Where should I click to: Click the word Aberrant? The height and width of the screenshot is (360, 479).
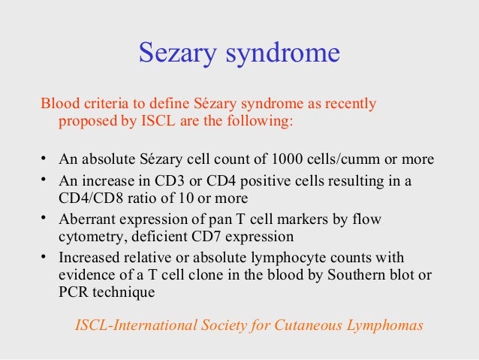click(x=86, y=219)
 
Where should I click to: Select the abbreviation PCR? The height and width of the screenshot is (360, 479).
click(x=74, y=292)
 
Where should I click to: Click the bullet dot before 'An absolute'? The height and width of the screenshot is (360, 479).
click(x=44, y=159)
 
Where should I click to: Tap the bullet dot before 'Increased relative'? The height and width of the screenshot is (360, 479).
click(x=44, y=255)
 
